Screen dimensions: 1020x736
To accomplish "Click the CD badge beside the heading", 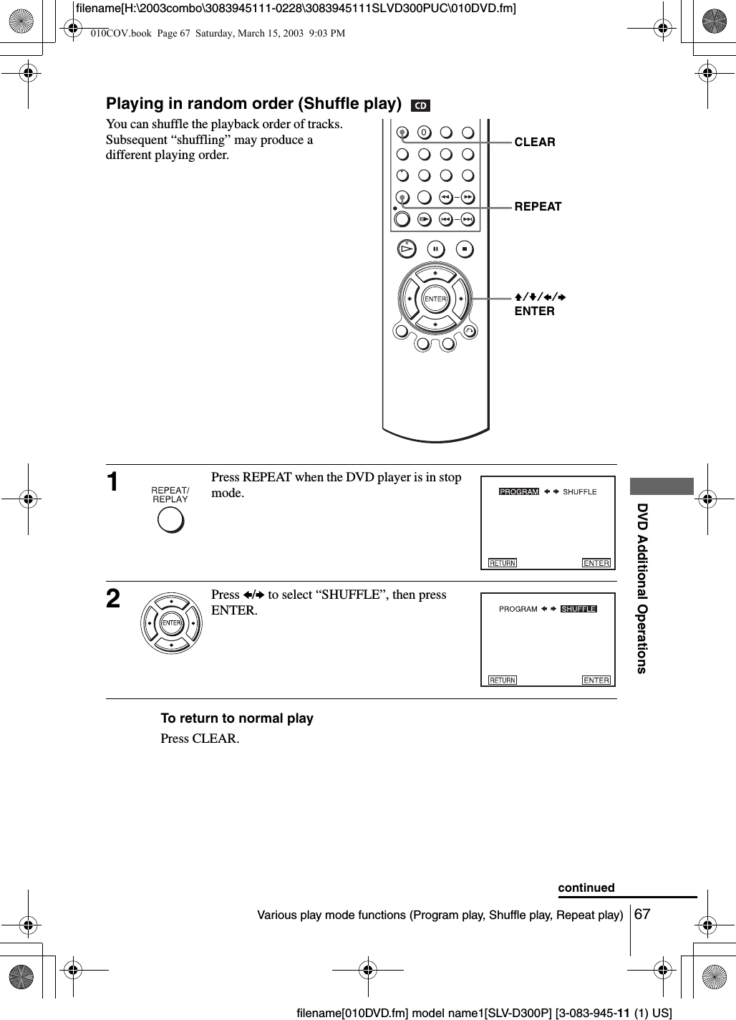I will (x=420, y=106).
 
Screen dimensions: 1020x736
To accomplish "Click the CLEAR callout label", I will (x=534, y=142).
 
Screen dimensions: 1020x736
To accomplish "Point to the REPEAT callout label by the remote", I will (x=538, y=206).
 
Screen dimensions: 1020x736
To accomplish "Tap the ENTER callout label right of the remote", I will (x=534, y=311).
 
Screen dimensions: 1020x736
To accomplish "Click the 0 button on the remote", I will (x=424, y=133).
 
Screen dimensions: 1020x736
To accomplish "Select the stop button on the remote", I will (x=465, y=249).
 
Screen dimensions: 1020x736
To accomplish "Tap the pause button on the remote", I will (x=435, y=249).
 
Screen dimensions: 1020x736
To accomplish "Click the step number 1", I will (x=113, y=482).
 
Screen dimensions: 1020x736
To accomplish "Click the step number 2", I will (x=113, y=599).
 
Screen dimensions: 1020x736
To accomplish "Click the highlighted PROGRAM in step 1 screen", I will (x=519, y=491).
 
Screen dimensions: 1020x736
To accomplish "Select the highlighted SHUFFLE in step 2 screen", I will (x=578, y=609).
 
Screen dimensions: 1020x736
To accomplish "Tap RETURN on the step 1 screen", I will (x=503, y=563).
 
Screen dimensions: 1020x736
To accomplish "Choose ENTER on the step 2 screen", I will (x=596, y=680).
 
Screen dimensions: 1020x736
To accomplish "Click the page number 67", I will (x=643, y=914).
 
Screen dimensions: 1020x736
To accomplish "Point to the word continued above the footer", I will (x=586, y=887).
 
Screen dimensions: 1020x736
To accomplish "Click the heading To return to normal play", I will (x=237, y=718).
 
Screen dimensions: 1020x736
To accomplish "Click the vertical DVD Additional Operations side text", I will (x=642, y=588).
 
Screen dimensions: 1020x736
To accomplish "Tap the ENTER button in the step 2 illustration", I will (x=172, y=623).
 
